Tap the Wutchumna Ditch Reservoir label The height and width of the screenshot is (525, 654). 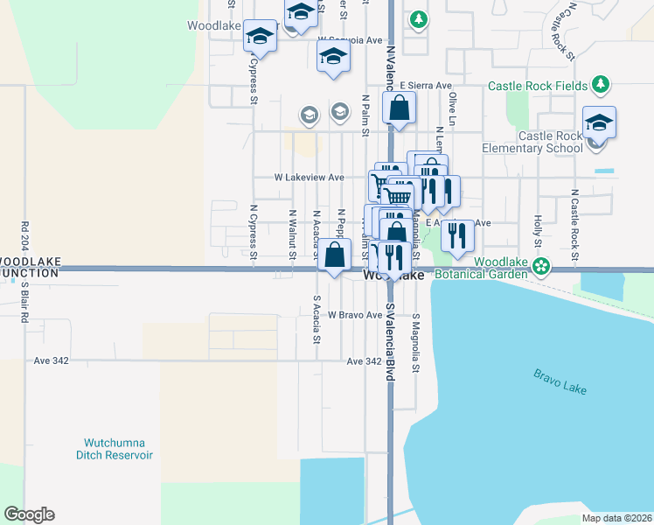[x=118, y=449]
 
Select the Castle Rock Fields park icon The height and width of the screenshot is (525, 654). [x=600, y=85]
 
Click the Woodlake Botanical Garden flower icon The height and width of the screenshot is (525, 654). [x=542, y=265]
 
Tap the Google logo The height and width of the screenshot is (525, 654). [x=29, y=514]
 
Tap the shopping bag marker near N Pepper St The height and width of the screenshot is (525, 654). [x=334, y=255]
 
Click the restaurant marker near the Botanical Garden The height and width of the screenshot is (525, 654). [x=457, y=234]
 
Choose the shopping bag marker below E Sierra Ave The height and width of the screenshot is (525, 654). [x=399, y=108]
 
